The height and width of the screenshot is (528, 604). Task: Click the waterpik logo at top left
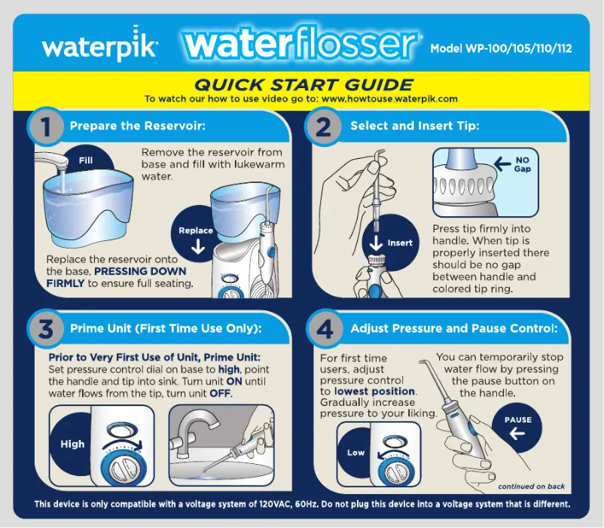[x=99, y=48]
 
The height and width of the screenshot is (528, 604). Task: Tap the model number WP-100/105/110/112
[x=501, y=49]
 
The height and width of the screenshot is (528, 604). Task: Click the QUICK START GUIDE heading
[x=304, y=84]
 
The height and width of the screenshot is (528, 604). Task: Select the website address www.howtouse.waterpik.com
[x=395, y=99]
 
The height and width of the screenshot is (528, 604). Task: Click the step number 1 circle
[x=47, y=127]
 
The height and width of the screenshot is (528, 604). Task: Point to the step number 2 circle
[x=323, y=127]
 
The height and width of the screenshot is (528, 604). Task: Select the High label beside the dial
[x=72, y=444]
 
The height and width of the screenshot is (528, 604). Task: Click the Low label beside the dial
[x=356, y=453]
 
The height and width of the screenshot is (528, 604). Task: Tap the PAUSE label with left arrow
[x=518, y=426]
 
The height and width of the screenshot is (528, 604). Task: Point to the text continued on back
[x=532, y=487]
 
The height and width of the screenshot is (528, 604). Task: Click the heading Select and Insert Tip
[x=414, y=126]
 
